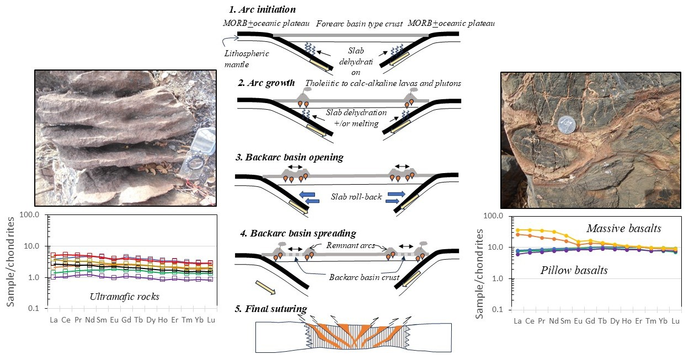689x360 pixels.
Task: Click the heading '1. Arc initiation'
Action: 263,10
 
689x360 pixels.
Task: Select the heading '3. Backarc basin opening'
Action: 289,158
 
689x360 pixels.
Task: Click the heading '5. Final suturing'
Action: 271,308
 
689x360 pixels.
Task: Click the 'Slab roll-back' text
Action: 356,196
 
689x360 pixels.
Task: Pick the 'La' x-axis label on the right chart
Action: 517,321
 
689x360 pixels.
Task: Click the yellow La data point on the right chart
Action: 517,230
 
